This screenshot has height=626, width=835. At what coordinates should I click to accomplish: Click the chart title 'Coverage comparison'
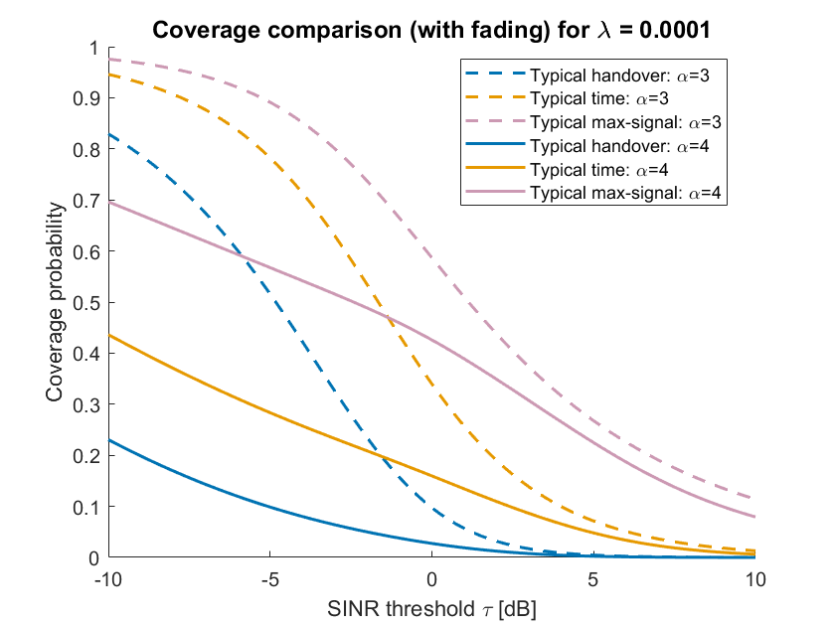coord(276,30)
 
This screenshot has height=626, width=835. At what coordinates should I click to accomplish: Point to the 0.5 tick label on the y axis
coord(86,303)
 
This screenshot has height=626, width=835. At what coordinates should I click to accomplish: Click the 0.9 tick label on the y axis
coord(86,98)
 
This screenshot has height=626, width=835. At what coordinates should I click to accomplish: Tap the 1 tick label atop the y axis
coord(94,49)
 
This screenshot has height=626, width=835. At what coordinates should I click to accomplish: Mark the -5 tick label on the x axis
coord(270,579)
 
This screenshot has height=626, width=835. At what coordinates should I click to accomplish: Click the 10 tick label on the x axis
coord(755,579)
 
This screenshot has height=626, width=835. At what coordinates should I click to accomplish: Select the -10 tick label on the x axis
coord(108,579)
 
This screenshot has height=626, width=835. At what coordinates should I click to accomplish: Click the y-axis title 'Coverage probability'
coord(55,302)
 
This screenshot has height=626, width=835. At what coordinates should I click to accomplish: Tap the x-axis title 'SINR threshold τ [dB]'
coord(431,609)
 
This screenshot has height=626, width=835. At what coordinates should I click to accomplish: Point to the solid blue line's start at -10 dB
coord(109,440)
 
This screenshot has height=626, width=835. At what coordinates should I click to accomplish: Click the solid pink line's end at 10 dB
coord(754,517)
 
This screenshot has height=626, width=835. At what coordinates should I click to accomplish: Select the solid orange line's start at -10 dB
coord(109,335)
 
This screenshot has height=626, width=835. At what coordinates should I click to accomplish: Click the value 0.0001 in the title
coord(675,30)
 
